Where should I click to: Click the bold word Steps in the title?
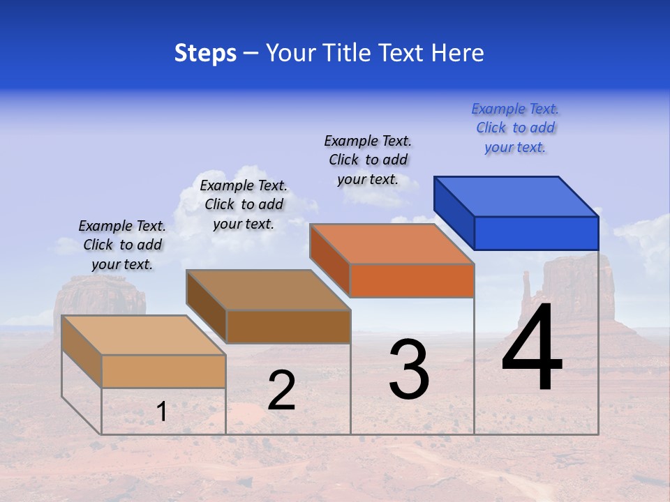tap(205, 53)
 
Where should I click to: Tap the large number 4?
tap(532, 349)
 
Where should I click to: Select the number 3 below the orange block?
tap(409, 370)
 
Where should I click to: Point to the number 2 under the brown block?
tap(281, 391)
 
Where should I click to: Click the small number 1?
tap(161, 412)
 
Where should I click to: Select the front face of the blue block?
tap(536, 233)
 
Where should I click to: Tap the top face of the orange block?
tap(391, 244)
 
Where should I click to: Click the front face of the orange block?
tap(412, 280)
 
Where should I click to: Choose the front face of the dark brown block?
tap(288, 326)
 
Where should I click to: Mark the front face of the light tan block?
tap(163, 371)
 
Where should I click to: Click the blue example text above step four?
tap(515, 128)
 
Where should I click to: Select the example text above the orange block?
tap(368, 160)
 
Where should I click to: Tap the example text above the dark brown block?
tap(244, 204)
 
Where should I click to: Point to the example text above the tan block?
tap(122, 245)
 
